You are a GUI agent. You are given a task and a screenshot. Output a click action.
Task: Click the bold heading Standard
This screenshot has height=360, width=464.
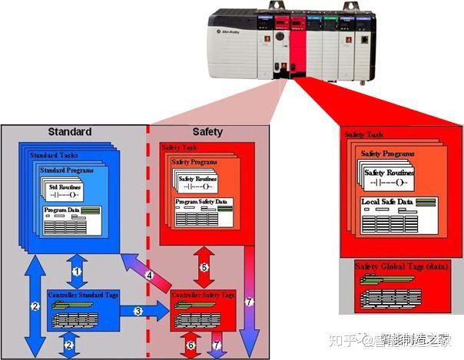click(70, 131)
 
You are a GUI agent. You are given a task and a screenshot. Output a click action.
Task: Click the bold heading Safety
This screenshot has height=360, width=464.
click(207, 131)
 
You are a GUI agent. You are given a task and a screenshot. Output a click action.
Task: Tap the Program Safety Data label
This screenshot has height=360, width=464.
click(201, 202)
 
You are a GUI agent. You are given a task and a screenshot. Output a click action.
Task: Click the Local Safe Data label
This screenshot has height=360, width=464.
click(386, 202)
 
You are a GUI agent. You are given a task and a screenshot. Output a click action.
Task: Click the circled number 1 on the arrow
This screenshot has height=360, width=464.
click(76, 271)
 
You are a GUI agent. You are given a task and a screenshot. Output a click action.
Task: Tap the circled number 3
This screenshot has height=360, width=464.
click(138, 310)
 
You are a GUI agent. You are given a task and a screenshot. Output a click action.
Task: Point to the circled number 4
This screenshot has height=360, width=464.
click(151, 275)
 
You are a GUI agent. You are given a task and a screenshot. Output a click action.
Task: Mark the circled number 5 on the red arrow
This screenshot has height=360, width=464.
click(204, 267)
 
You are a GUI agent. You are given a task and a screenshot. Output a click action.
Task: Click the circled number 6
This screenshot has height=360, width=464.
click(192, 346)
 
